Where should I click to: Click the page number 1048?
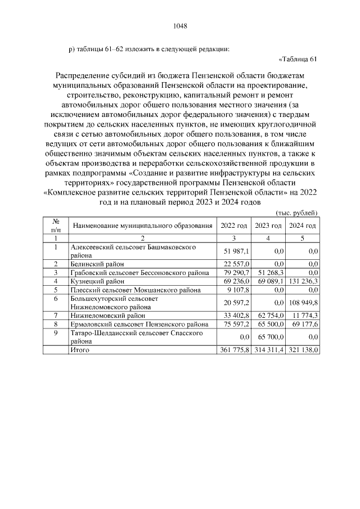[x=179, y=25]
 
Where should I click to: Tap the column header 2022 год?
[x=234, y=225]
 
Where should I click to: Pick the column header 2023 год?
[x=268, y=225]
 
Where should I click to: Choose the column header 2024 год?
[x=303, y=225]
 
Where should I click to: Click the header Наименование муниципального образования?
[x=142, y=225]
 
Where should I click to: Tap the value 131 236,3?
[x=303, y=281]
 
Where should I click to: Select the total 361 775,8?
[x=234, y=349]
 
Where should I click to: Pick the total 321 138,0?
[x=303, y=349]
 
